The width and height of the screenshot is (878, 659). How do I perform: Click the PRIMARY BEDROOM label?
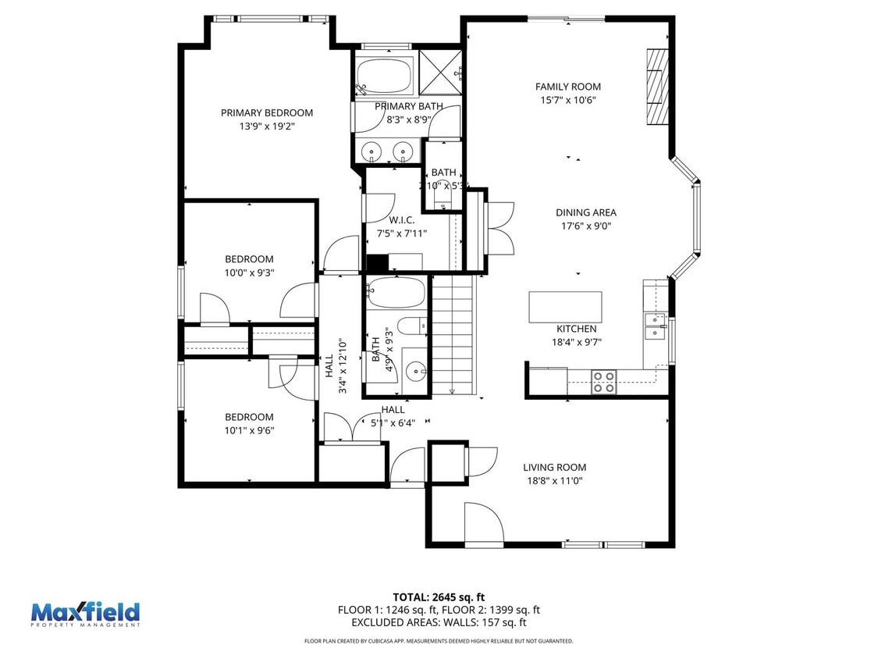pos(266,112)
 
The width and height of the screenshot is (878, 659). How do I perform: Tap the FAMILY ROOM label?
pos(567,87)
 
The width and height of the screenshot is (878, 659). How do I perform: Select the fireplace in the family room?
pos(657,87)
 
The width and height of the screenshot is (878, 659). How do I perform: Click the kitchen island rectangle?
pos(565,307)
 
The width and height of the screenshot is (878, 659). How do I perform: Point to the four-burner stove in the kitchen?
pos(603,382)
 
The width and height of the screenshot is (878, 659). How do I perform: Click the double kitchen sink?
pos(654,326)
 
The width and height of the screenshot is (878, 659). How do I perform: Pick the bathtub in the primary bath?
pos(385,78)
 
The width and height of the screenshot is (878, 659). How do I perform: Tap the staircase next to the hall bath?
pos(453,336)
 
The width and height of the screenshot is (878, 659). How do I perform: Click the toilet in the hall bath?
pos(411,326)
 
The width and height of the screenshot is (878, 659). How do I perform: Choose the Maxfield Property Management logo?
pos(85,614)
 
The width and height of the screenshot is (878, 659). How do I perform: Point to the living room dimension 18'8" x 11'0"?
pos(554,481)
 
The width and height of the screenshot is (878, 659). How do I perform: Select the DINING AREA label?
pos(585,212)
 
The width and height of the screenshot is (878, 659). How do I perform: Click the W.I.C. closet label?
pos(401,220)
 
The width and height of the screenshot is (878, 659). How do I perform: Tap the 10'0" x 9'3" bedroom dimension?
pos(249,273)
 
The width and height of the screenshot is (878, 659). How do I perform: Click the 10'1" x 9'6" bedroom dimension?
pos(249,430)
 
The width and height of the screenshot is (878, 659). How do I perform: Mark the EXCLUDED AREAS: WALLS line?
pos(439,622)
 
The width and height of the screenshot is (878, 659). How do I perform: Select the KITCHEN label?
pos(576,329)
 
